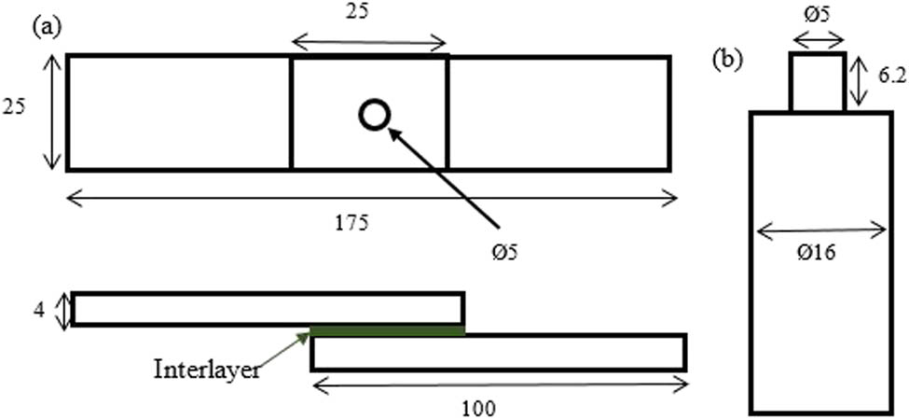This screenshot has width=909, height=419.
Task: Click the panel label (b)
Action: [727, 62]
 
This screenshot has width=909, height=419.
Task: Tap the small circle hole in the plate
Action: [374, 115]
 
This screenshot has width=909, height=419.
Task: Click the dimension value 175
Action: [352, 223]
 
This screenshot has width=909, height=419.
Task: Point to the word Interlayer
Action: [206, 370]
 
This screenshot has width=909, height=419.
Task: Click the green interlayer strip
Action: [387, 330]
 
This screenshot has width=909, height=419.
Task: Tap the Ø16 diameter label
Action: [817, 254]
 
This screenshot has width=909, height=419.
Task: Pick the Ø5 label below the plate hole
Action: [501, 253]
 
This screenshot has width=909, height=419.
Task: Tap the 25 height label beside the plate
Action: [14, 107]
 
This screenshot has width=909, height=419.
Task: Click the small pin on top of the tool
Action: [818, 82]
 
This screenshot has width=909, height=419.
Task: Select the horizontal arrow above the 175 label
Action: [372, 200]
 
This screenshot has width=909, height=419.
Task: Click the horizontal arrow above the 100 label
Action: [500, 384]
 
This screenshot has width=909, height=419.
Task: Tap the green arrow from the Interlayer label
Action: [282, 351]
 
